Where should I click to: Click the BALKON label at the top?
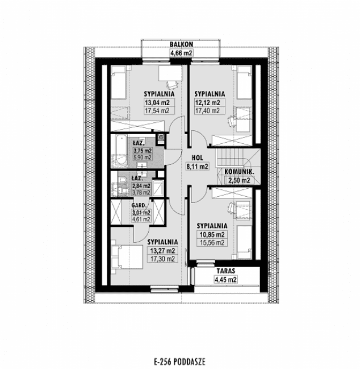[182, 44]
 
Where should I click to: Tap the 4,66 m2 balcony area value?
[182, 53]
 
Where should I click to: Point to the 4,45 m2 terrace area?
[225, 279]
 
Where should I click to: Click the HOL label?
[197, 158]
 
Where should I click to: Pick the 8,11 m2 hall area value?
[197, 167]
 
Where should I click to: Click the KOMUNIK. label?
[238, 171]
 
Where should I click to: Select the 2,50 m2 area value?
[238, 180]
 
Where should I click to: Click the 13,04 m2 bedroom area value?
[157, 102]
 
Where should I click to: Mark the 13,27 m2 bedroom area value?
[162, 250]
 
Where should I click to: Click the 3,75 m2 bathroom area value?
[142, 151]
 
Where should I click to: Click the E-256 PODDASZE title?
[179, 360]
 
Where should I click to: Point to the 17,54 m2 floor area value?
[157, 111]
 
